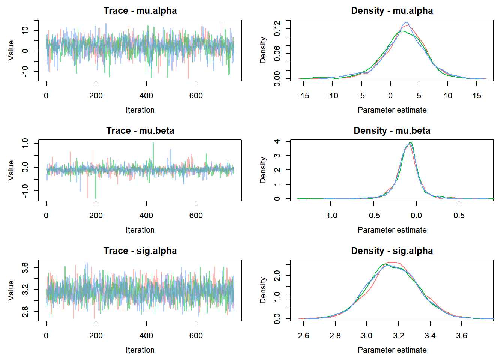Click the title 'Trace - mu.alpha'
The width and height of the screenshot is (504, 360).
(140, 11)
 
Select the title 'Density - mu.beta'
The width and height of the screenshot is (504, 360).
(392, 131)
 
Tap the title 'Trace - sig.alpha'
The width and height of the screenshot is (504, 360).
(140, 251)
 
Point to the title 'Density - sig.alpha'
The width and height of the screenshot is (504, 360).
(392, 251)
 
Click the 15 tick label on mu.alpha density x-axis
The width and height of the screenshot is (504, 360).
(476, 96)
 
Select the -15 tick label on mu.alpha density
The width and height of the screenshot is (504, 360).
(303, 96)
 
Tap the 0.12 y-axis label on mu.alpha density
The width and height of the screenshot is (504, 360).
(277, 28)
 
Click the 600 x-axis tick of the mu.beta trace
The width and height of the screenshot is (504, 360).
(196, 216)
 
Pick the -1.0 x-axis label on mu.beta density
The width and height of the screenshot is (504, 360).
(330, 216)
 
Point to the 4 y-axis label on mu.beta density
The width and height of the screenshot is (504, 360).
(277, 141)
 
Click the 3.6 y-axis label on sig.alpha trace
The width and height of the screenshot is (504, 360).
(25, 267)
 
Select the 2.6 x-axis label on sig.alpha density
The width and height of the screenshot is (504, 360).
(303, 336)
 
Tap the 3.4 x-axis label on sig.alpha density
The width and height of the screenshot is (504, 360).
(430, 336)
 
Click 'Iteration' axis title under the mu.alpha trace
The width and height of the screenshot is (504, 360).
(140, 110)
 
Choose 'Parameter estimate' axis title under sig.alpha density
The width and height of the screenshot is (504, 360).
(392, 350)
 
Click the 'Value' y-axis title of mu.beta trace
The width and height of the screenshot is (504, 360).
(11, 170)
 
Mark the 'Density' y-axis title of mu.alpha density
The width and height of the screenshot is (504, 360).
(263, 50)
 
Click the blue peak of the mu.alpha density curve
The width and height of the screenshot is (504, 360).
(406, 22)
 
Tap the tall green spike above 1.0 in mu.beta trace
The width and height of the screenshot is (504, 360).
(153, 143)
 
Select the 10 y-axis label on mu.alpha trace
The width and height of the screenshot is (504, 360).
(25, 30)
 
